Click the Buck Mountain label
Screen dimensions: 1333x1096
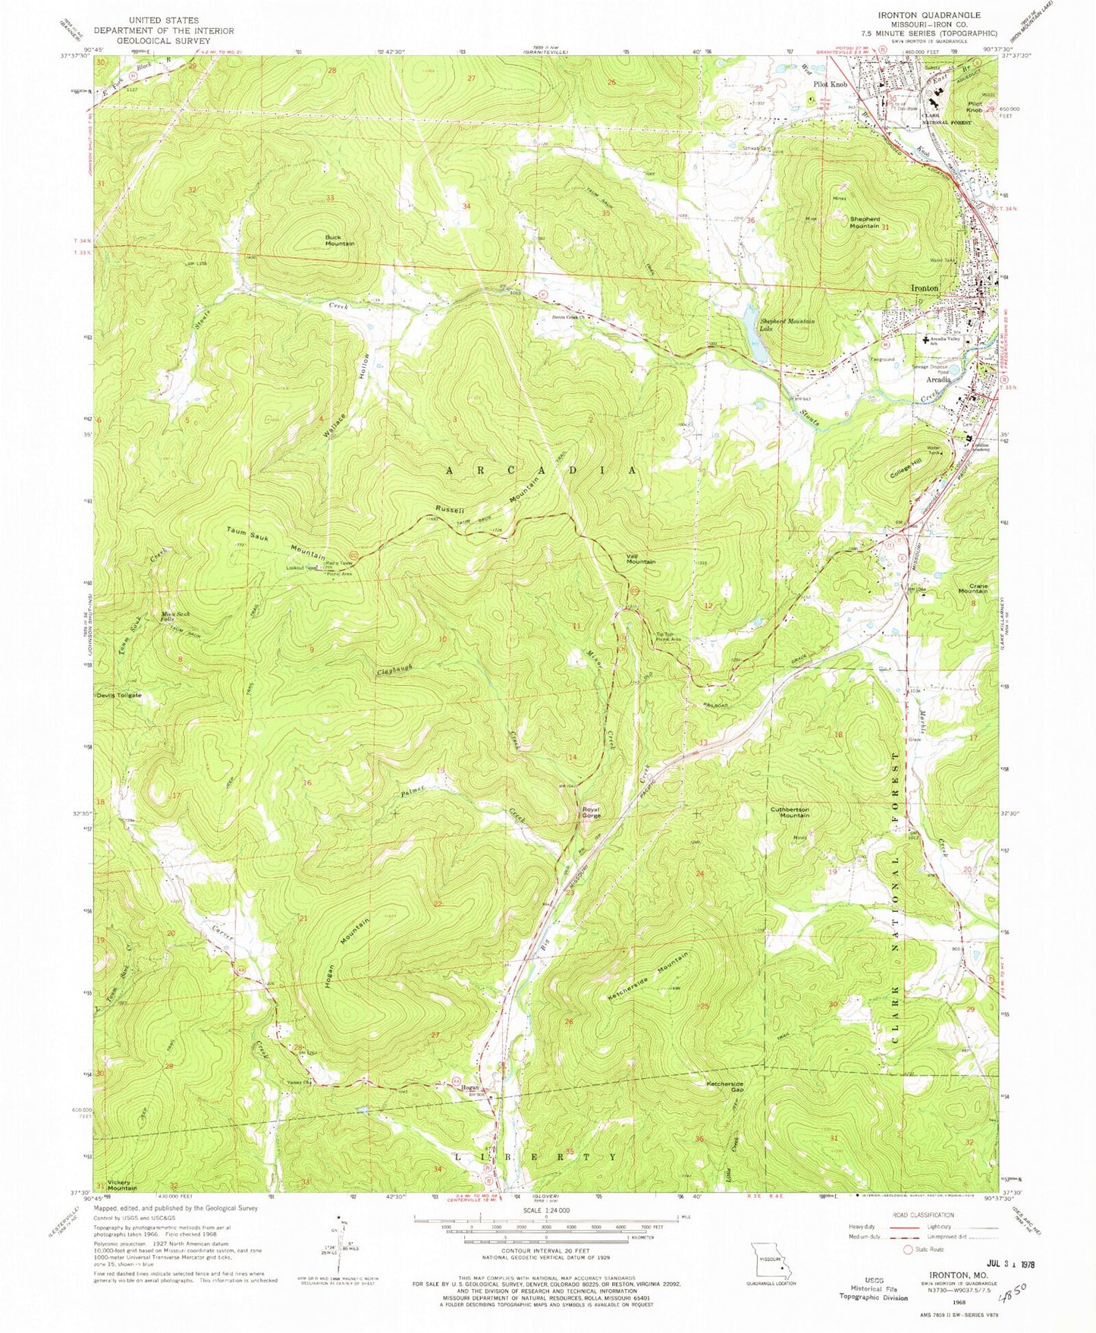[x=340, y=240]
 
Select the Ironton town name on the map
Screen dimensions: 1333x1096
[x=924, y=288]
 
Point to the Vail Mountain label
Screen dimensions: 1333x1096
[x=640, y=559]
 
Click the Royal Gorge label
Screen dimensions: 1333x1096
[x=591, y=812]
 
